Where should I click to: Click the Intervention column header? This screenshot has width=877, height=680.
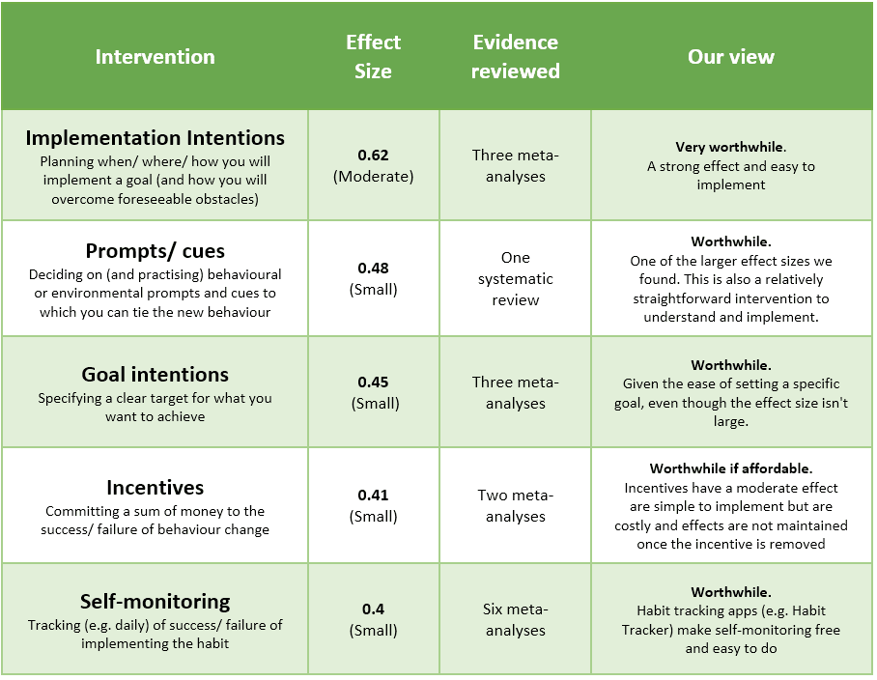[x=155, y=56]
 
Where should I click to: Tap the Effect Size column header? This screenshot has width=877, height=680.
[x=374, y=56]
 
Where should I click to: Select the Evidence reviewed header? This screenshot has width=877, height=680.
[x=516, y=56]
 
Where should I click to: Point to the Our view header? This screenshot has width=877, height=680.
[x=731, y=56]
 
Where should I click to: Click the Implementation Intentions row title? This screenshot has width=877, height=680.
[x=155, y=137]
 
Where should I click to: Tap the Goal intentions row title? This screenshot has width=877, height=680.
[x=155, y=374]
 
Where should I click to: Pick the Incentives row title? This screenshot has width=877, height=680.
[x=155, y=487]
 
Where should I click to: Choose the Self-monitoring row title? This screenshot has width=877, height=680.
[x=155, y=601]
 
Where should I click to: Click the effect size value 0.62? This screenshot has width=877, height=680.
[x=374, y=156]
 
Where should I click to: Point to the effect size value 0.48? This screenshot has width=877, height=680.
[x=374, y=269]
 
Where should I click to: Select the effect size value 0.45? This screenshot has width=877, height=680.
[x=374, y=382]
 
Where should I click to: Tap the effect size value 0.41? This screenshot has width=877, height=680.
[x=374, y=496]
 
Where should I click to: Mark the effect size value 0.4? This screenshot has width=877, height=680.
[x=374, y=609]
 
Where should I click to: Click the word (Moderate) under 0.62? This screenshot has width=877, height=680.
[x=374, y=177]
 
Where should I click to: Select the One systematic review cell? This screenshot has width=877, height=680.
[x=516, y=278]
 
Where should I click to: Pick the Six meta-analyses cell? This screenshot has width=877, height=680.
[x=516, y=620]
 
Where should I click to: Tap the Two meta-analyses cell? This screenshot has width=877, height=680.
[x=516, y=506]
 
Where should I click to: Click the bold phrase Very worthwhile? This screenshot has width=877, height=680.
[x=730, y=148]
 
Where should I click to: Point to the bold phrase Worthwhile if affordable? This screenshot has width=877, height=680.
[x=731, y=468]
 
